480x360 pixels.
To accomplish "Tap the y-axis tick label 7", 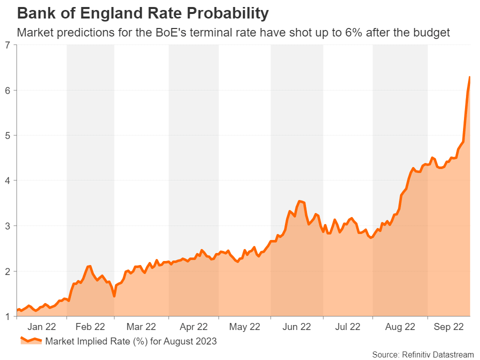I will tap(7, 45).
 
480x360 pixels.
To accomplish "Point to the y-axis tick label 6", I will tap(7, 90).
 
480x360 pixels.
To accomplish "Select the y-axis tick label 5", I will tap(7, 135).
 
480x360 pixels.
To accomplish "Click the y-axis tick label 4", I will tap(7, 180).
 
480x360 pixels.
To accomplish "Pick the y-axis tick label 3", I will tap(7, 226).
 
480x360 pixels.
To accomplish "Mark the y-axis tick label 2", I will tap(7, 271).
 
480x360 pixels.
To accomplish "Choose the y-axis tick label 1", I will tap(7, 316).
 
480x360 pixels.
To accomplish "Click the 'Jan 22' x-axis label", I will tap(41, 327).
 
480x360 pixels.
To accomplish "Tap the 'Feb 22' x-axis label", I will tap(90, 327).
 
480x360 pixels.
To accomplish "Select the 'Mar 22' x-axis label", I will tap(141, 327).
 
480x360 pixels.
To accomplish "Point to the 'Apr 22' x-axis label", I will tap(193, 327).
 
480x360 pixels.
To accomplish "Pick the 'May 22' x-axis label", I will tap(244, 327).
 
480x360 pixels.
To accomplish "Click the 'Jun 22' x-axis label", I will tap(296, 327).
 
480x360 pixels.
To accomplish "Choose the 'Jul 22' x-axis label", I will tap(347, 327).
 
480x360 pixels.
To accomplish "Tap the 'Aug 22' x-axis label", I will tap(400, 327).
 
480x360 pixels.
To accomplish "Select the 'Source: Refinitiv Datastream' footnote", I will tap(422, 354).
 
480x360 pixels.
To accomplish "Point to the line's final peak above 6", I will tap(469, 77).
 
